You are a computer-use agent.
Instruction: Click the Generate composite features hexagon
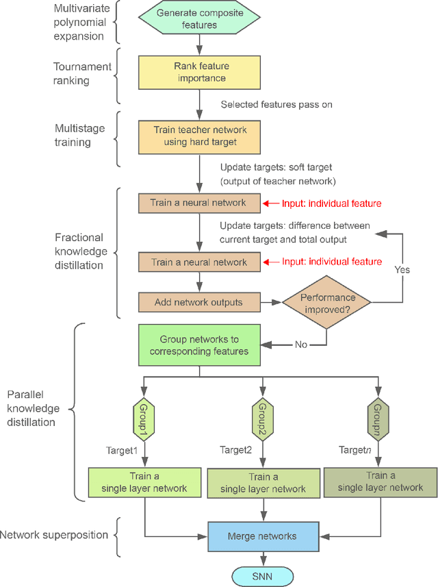(x=198, y=19)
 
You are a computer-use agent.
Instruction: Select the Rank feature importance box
(x=198, y=72)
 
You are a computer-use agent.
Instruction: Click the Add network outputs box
(x=198, y=302)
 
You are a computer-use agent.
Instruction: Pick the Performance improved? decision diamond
(x=326, y=302)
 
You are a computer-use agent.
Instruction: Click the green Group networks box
(x=198, y=345)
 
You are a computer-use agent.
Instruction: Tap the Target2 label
(x=236, y=450)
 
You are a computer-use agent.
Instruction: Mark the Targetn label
(x=355, y=450)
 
